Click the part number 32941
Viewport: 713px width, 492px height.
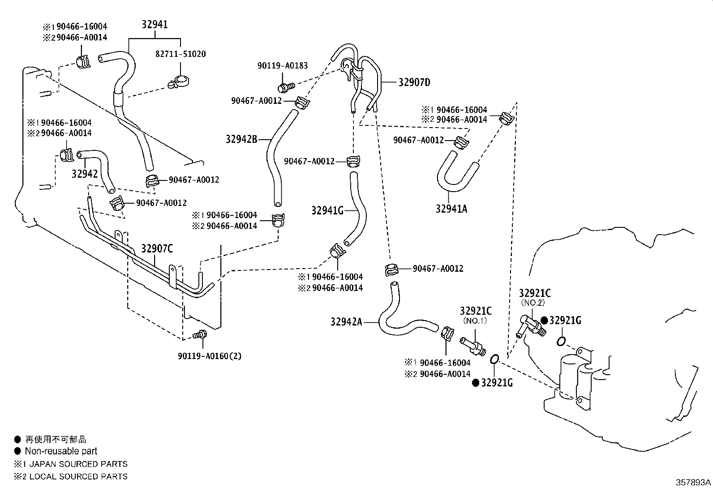point(155,24)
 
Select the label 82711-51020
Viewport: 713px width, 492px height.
point(180,54)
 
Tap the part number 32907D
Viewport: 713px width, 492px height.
point(414,82)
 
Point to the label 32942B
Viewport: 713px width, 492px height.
point(241,139)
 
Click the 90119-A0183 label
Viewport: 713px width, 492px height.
point(282,65)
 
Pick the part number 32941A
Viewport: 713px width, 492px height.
point(451,209)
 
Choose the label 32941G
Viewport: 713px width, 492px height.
point(327,210)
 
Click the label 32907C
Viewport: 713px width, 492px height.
point(157,248)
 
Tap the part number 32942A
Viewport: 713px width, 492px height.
point(346,321)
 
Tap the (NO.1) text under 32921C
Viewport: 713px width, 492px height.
point(476,321)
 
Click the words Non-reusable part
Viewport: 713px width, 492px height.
point(61,451)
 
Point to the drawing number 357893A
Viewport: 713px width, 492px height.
point(693,483)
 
